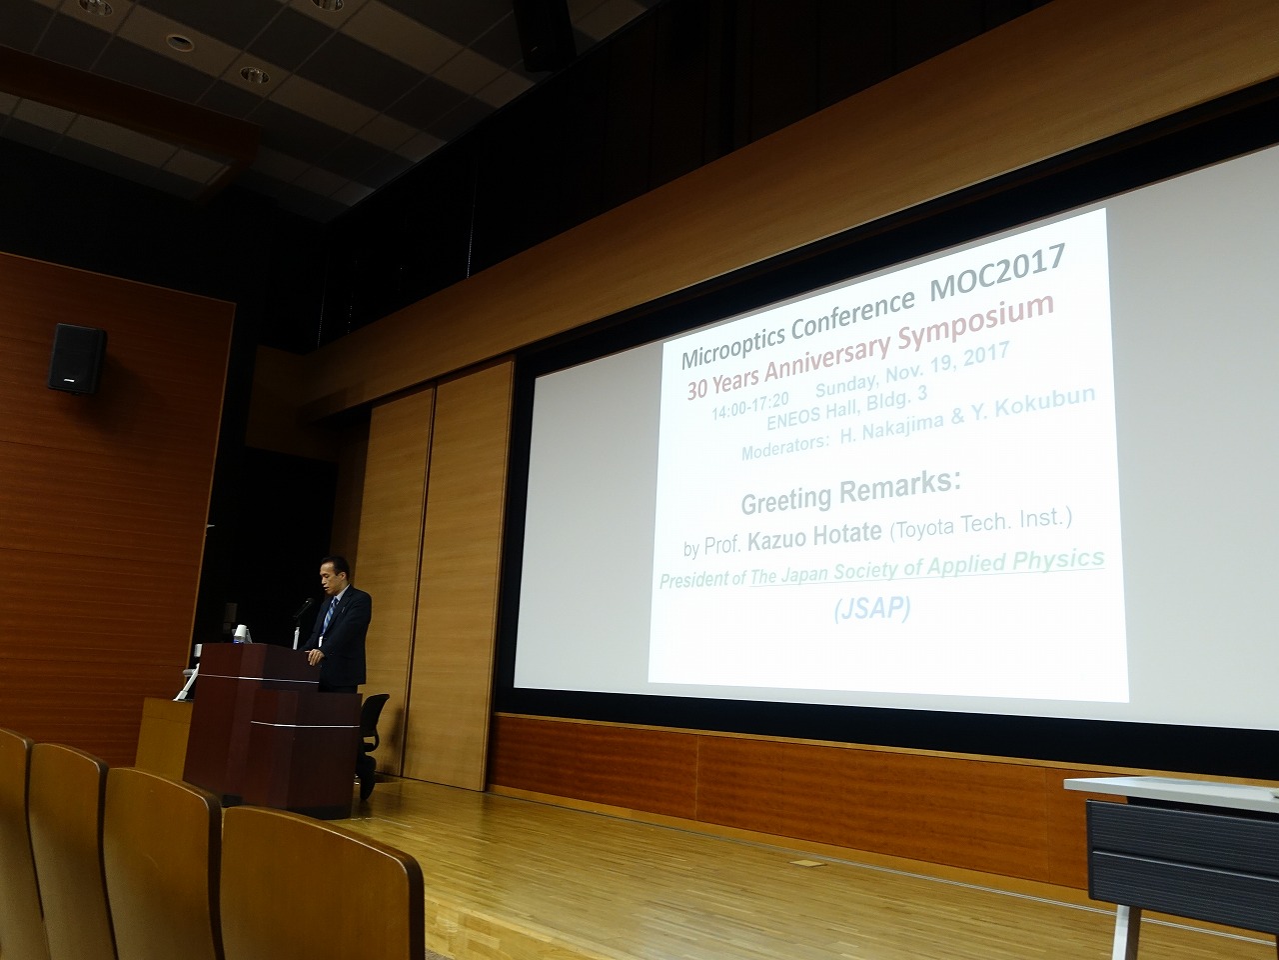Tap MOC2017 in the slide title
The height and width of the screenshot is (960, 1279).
click(x=997, y=272)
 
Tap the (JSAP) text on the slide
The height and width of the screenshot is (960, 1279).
click(x=871, y=610)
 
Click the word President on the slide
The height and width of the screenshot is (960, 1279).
click(x=694, y=580)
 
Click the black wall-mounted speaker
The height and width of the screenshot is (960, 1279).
click(x=76, y=358)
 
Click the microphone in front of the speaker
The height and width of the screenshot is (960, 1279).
click(x=303, y=609)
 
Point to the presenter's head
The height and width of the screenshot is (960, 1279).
click(x=335, y=575)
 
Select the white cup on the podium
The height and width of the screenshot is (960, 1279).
click(x=242, y=634)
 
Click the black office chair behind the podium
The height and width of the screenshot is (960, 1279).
click(x=371, y=743)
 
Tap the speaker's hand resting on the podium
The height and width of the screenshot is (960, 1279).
click(x=315, y=657)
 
